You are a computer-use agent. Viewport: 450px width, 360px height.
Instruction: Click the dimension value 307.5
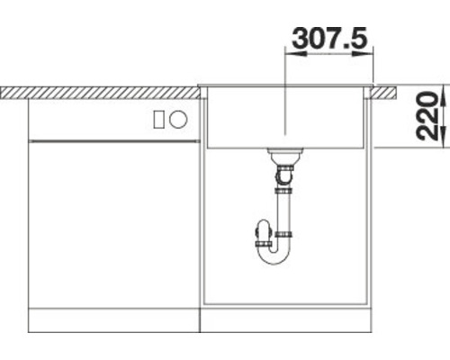coord(328,39)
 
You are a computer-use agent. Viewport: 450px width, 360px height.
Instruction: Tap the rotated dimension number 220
coord(431,117)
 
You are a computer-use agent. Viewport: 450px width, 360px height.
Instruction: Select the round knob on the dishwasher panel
coord(178,118)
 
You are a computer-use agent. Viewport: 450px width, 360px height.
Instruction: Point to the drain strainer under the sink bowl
coord(283,153)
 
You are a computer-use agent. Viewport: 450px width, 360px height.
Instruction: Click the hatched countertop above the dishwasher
coord(99,91)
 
